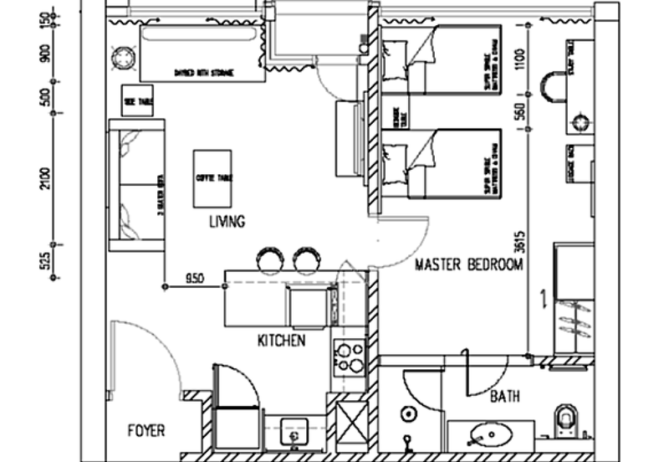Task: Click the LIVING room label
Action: [x=227, y=223]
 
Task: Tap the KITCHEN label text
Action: [x=281, y=341]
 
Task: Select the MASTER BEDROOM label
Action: [x=469, y=265]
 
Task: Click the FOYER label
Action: [x=146, y=432]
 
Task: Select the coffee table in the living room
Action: [x=212, y=178]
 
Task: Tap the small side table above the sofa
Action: [x=137, y=100]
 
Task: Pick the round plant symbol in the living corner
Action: [x=124, y=59]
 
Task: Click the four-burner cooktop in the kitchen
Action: [x=348, y=357]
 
